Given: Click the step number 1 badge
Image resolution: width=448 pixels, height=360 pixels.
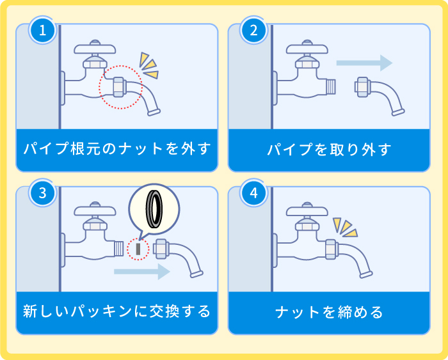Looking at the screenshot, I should click(43, 30).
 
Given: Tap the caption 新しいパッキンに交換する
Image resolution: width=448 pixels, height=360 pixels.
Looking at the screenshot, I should click(117, 312).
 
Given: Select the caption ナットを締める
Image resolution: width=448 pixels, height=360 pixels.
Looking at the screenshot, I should click(329, 312).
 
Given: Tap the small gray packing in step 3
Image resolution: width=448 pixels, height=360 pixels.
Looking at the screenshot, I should click(138, 249).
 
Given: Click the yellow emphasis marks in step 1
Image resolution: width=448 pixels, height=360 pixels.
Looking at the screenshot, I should click(149, 65).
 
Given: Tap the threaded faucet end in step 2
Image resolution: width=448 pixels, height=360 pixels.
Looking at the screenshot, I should click(330, 86).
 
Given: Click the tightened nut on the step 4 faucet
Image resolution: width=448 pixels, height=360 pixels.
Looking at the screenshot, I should click(331, 248).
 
